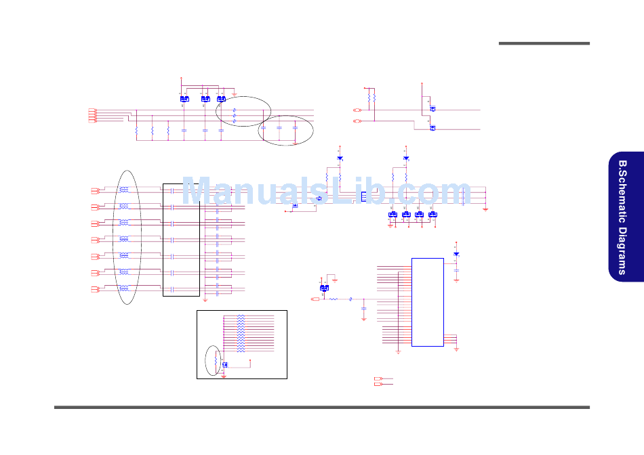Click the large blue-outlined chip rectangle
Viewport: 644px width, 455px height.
(427, 302)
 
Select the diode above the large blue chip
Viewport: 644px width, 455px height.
(456, 254)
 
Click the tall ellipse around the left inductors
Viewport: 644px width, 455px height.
(127, 237)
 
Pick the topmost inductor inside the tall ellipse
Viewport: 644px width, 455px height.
(124, 190)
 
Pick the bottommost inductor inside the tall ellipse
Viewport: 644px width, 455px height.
(124, 288)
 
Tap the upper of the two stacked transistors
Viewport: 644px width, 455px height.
(432, 108)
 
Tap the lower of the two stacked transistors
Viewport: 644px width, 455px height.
(432, 127)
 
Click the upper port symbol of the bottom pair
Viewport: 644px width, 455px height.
(379, 378)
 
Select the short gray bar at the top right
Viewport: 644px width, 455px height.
(544, 43)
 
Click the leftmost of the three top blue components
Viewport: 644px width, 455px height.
(184, 100)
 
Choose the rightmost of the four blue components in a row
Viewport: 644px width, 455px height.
(432, 215)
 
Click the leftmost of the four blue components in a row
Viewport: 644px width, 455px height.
(392, 215)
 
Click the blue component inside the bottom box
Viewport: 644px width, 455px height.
(224, 364)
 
